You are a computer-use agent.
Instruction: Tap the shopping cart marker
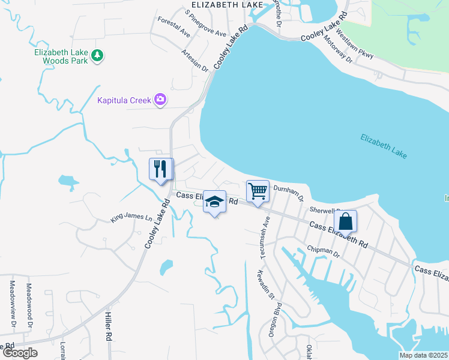[258, 191]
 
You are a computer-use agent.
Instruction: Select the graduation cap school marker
[214, 202]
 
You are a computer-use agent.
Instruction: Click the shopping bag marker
[346, 221]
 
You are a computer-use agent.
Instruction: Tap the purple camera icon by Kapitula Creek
[160, 100]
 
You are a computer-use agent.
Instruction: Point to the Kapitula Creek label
[124, 100]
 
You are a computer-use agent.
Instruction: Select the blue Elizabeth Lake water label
[384, 146]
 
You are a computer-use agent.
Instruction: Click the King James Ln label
[131, 217]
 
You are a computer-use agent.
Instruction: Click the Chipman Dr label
[324, 251]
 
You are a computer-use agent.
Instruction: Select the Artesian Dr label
[196, 61]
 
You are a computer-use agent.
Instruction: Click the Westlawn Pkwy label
[355, 44]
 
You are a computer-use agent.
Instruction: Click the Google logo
[20, 353]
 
